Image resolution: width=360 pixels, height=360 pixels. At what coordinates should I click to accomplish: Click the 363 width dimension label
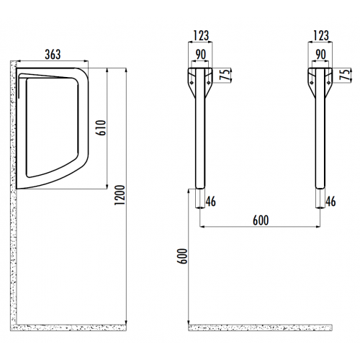[x=53, y=55]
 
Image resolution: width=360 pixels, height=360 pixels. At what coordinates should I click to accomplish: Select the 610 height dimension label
[x=102, y=127]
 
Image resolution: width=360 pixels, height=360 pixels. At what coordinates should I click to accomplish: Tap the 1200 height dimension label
[x=120, y=194]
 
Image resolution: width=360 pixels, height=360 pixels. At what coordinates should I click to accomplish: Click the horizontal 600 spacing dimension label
[x=261, y=220]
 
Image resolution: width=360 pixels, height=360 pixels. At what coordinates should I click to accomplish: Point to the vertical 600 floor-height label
[x=182, y=256]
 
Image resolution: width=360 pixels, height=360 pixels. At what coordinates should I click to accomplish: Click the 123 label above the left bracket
[x=201, y=36]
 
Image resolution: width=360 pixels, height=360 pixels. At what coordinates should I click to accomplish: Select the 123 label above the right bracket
[x=321, y=36]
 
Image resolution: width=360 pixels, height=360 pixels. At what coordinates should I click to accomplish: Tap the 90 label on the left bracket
[x=201, y=55]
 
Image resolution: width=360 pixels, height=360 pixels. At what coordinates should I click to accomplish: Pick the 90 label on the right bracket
[x=320, y=55]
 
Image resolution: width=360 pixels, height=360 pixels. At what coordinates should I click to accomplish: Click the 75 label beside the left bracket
[x=224, y=75]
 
